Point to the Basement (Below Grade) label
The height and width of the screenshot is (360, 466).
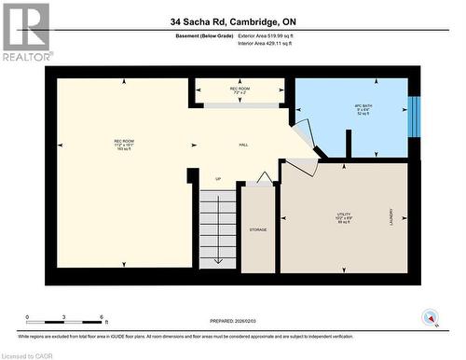pos(206,36)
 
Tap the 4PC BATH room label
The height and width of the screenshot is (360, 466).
pos(349,116)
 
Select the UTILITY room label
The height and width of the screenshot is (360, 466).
pos(343,217)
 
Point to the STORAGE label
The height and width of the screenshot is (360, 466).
pos(258,228)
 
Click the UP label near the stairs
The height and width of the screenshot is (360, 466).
pos(218,179)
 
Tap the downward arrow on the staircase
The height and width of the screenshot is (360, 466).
pos(218,244)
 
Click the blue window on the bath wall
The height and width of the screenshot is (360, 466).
pos(415,115)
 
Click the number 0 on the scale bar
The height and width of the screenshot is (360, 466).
pos(27,317)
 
